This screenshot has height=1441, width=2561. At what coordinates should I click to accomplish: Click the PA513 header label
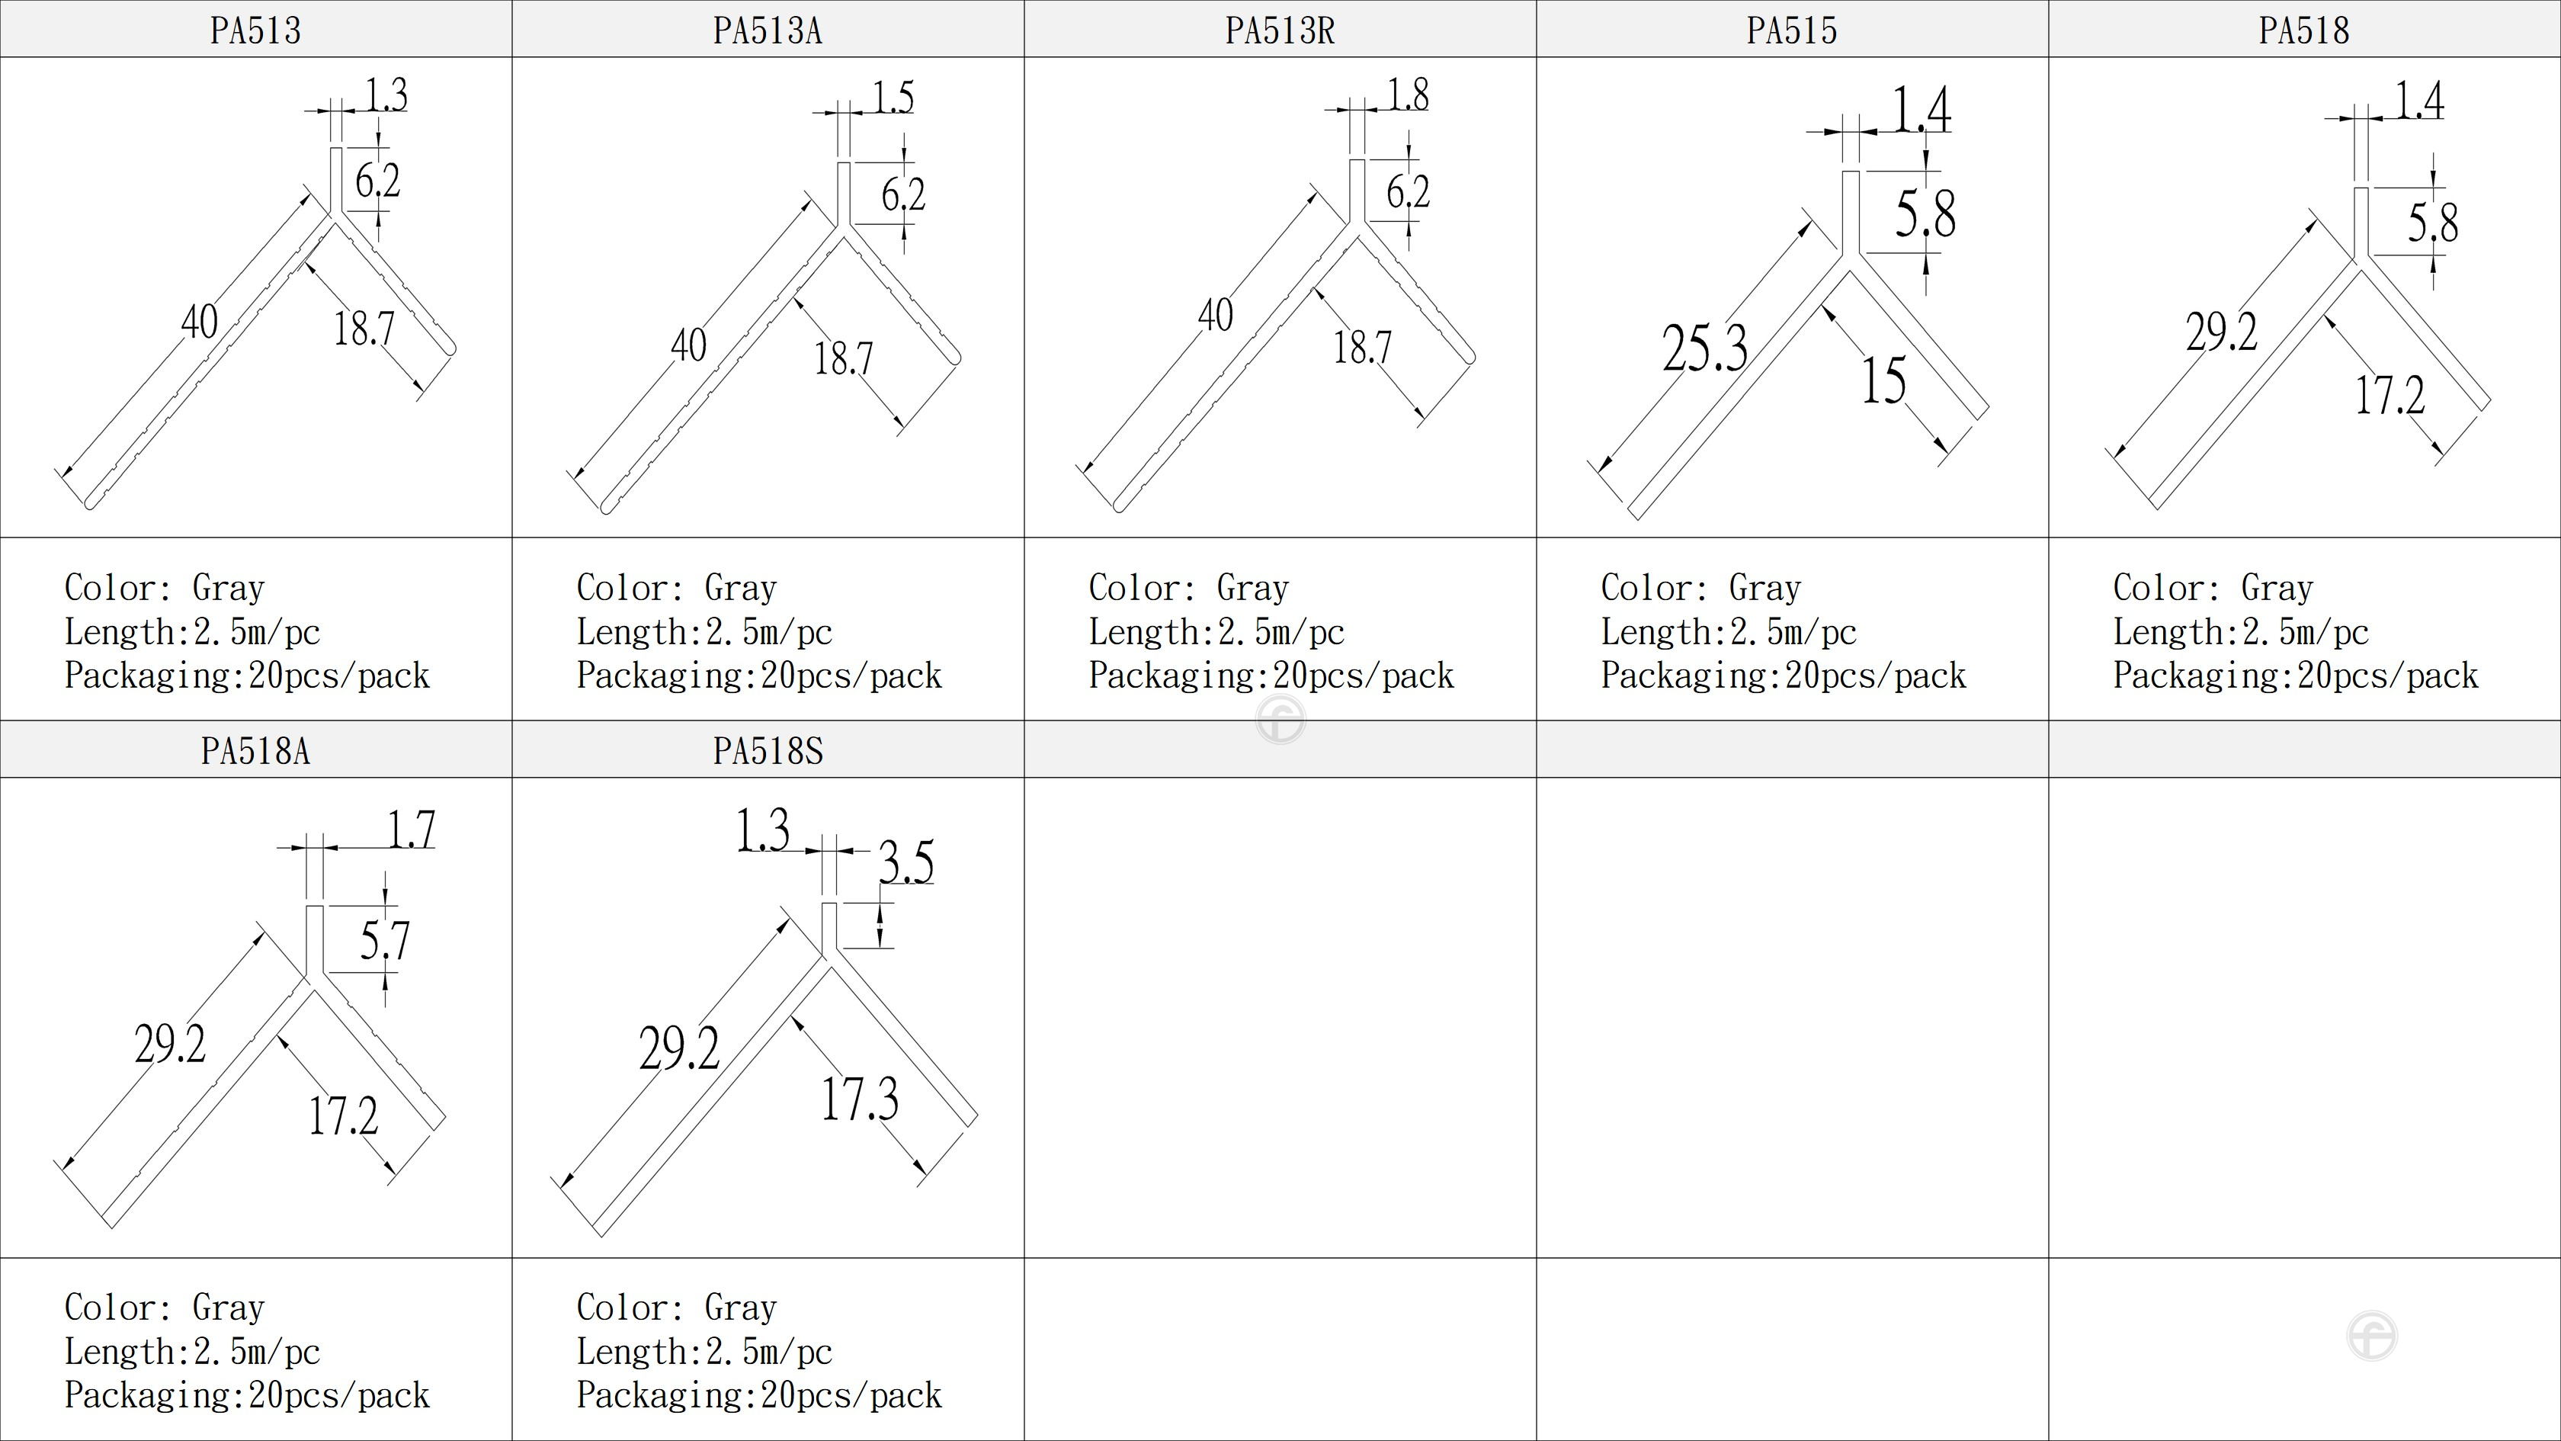coord(255,30)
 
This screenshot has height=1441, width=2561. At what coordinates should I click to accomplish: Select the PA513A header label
coord(768,30)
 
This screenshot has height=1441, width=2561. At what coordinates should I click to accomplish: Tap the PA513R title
coord(1280,30)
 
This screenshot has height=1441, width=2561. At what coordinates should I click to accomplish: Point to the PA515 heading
coord(1791,30)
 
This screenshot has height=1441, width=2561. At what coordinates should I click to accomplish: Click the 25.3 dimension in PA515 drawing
coord(1704,348)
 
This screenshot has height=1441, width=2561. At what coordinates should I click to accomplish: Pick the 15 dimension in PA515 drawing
coord(1883,381)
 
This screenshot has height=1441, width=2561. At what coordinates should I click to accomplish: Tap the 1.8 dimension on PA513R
coord(1408,95)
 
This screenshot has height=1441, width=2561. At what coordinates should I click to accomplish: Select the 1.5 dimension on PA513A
coord(893,98)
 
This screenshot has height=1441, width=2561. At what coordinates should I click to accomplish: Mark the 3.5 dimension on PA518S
coord(905,862)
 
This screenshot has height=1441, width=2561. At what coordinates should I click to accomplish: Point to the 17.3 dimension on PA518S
coord(860,1099)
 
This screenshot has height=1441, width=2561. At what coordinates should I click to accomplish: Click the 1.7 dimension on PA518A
coord(411,830)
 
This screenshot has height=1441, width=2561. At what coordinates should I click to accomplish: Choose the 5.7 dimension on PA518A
coord(385,941)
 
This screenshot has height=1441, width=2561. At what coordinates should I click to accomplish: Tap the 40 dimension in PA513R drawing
coord(1215,315)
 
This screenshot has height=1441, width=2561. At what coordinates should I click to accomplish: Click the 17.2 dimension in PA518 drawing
coord(2390,395)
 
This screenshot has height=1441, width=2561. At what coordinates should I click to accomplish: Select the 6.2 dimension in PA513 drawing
coord(378,181)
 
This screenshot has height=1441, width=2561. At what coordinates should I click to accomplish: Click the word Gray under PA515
coord(1764,588)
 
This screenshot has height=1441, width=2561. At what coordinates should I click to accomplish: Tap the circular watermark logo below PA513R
coord(1280,720)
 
